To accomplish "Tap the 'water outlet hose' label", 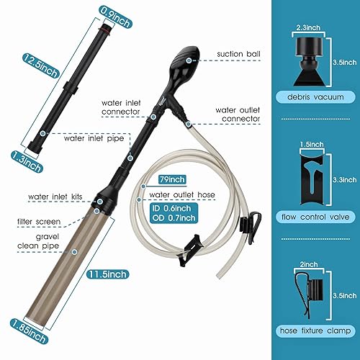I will tap(181, 194).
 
